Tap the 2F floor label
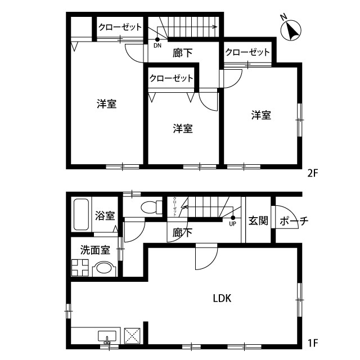(x=313, y=173)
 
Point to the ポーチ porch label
(x=293, y=221)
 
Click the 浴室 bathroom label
(x=105, y=215)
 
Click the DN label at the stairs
(x=157, y=45)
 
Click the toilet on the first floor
(x=150, y=206)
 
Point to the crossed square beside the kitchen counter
(x=133, y=336)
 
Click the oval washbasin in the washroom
(x=103, y=269)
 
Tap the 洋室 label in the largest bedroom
(x=106, y=103)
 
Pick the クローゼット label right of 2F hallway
(x=247, y=52)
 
